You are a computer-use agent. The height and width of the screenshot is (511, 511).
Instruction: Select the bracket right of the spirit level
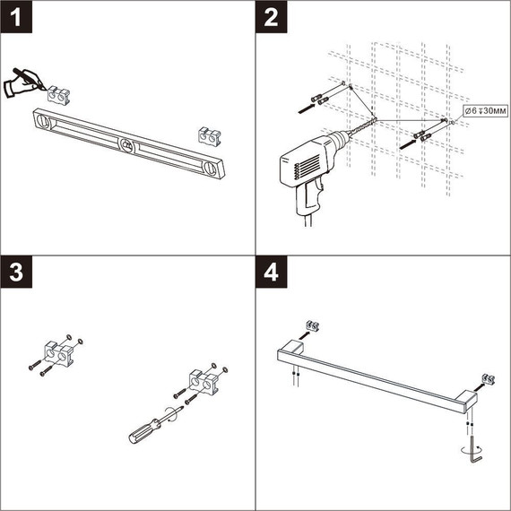(x=209, y=135)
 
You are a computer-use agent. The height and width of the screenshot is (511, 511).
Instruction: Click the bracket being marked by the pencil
(x=60, y=91)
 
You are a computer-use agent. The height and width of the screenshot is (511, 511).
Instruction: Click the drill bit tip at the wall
(x=377, y=121)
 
